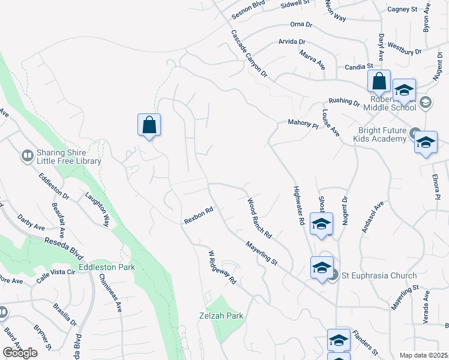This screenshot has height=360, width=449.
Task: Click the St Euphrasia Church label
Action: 379,276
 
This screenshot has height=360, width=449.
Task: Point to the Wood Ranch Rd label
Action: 260,218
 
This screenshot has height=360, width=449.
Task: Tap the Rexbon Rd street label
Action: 199,217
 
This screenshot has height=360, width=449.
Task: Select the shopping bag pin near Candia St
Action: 379,81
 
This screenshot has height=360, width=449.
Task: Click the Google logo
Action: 20,353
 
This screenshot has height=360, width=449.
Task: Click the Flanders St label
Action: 364,341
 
